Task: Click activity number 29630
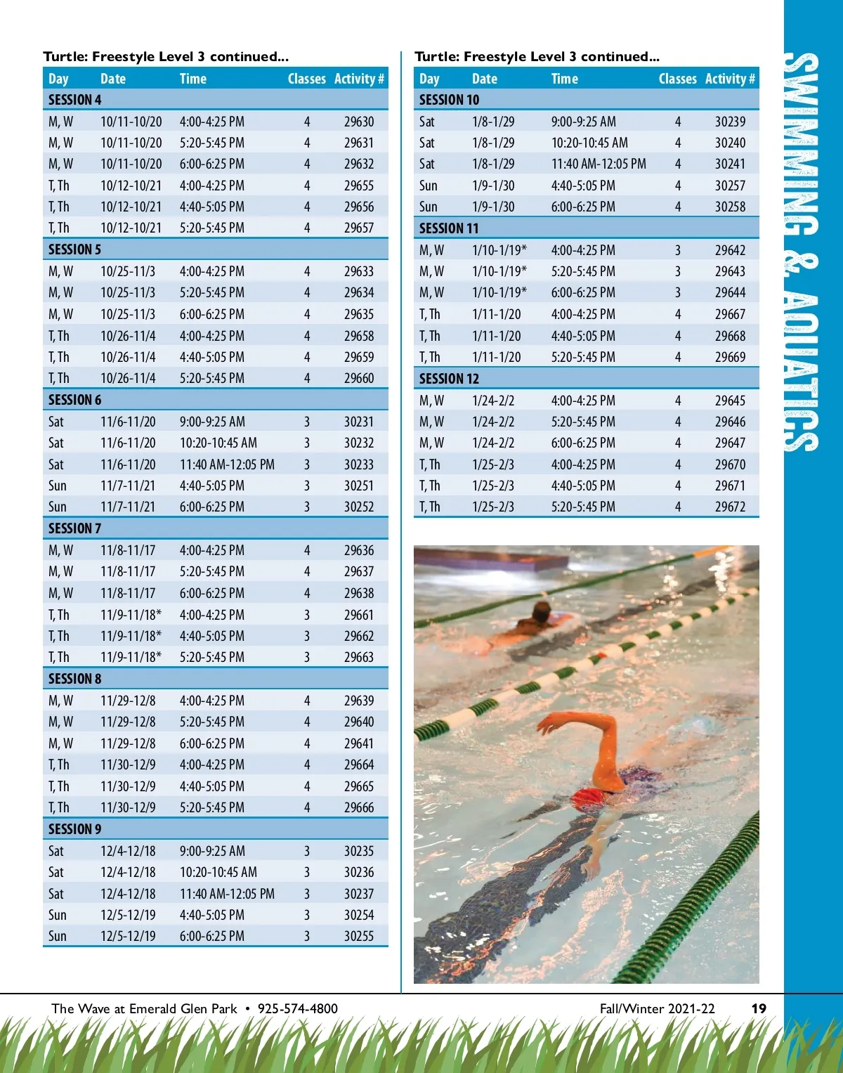(358, 122)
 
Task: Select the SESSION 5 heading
(74, 249)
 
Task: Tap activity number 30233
(358, 464)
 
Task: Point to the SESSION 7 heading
(74, 528)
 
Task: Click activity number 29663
(358, 657)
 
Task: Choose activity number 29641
(358, 743)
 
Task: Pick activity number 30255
(358, 936)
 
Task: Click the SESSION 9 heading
(74, 829)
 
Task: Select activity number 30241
(730, 164)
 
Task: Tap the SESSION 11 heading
(449, 228)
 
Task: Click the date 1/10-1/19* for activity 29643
(499, 271)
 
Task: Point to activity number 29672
(730, 507)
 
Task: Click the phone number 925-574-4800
(297, 1008)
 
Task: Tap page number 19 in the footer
(759, 1008)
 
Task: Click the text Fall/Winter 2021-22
(657, 1008)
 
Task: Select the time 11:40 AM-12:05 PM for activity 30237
(227, 894)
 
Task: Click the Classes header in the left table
(306, 79)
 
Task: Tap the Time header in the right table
(564, 79)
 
